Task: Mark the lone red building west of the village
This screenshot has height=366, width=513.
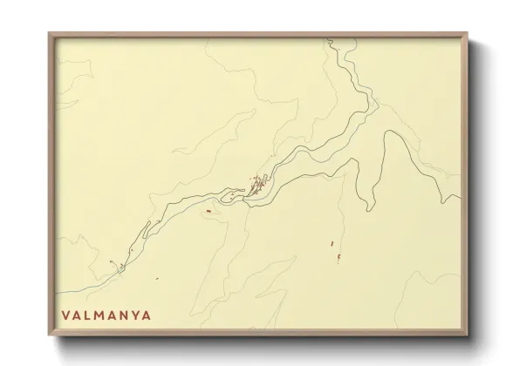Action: click(209, 212)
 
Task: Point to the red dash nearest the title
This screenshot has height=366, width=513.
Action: click(113, 261)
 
